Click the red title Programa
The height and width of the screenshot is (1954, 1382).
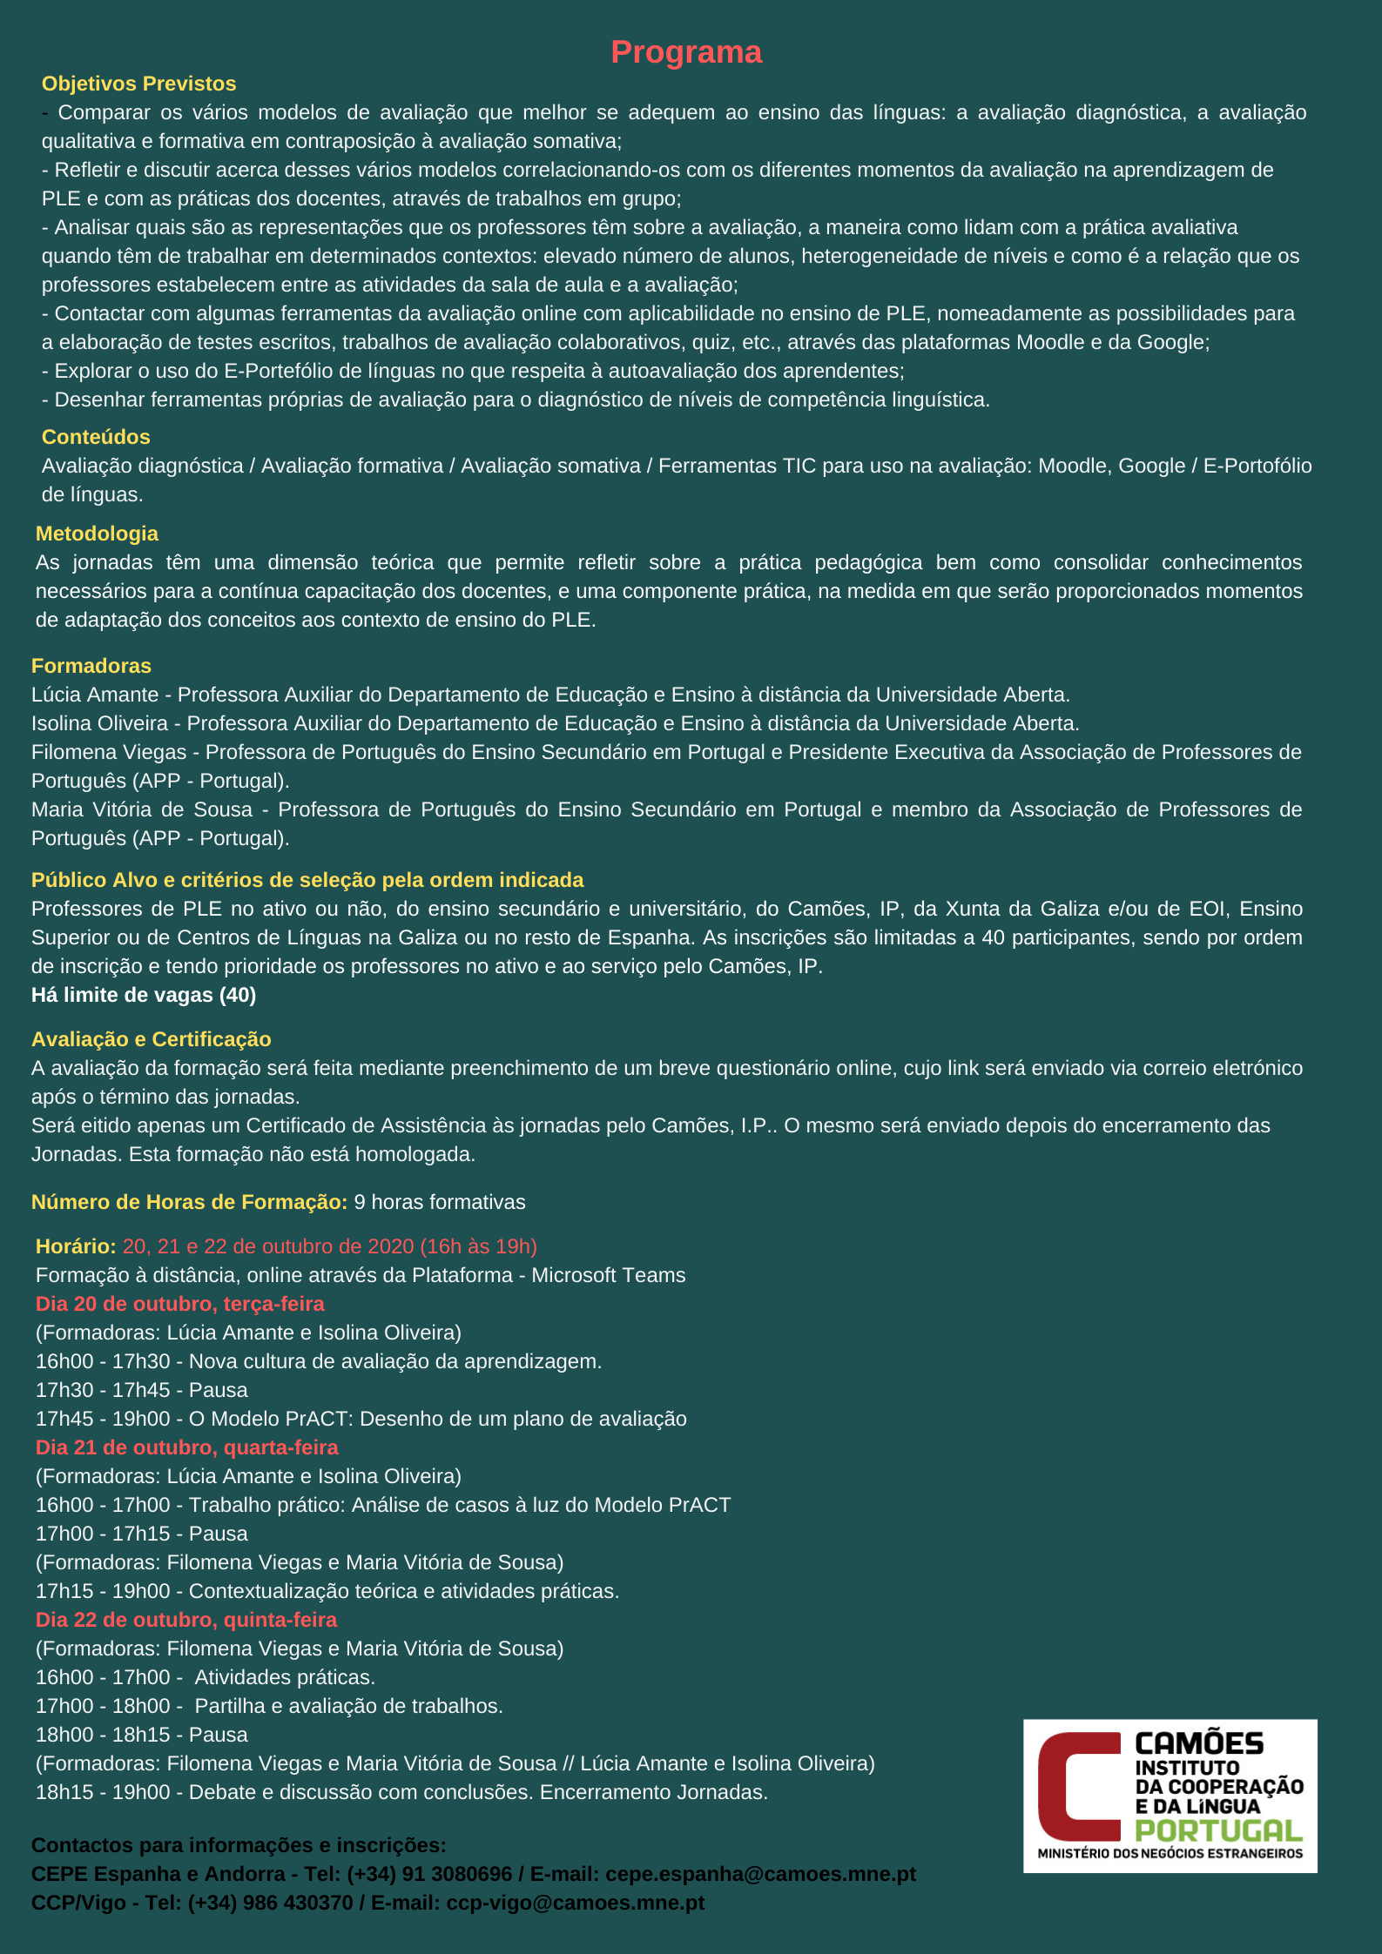coord(686,52)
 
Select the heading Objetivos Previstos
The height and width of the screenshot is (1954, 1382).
coord(139,84)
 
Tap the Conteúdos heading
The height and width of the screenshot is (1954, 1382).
coord(96,437)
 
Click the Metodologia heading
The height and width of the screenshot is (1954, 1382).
coord(97,534)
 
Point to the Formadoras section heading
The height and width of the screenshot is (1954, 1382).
coord(91,666)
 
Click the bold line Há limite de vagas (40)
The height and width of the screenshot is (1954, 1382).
coord(144,995)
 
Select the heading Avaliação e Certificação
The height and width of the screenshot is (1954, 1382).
coord(152,1039)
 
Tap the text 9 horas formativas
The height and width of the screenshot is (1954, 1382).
coord(440,1202)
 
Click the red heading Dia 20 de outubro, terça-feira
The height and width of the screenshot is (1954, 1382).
coord(180,1304)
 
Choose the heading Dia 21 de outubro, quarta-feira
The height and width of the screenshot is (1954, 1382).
coord(187,1447)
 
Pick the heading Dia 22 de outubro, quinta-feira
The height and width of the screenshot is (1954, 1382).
coord(186,1620)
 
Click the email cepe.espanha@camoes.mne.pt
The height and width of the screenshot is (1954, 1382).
coord(760,1873)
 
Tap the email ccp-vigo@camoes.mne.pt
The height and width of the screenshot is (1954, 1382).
coord(575,1902)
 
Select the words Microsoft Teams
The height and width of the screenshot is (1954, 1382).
coord(609,1275)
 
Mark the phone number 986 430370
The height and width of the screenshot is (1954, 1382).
coord(300,1902)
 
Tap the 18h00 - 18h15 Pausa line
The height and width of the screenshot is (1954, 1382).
coord(142,1735)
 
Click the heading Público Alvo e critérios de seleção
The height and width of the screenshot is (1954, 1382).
coord(307,880)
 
